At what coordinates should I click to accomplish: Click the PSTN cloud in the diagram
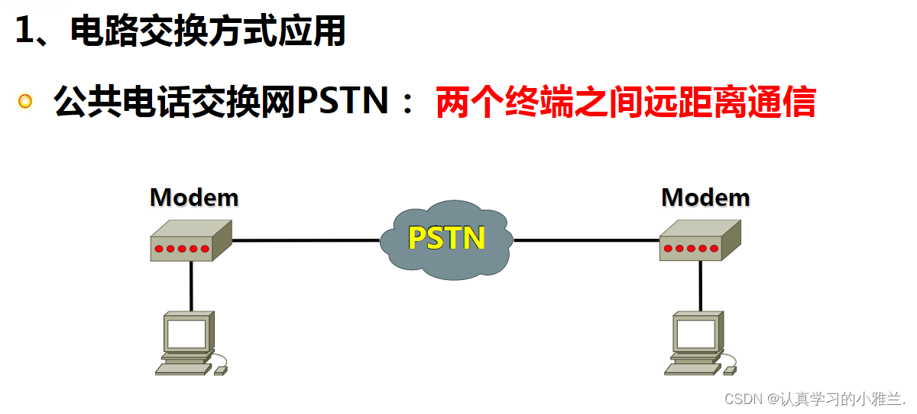(447, 239)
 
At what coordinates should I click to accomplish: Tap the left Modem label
(194, 197)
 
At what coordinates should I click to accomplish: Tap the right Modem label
(705, 197)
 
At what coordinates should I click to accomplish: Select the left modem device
(190, 241)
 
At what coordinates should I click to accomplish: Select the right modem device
(699, 241)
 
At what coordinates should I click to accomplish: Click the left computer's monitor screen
(186, 334)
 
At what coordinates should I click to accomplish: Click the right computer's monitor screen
(695, 334)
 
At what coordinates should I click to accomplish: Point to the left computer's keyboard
(183, 368)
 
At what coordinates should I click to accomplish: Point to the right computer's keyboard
(692, 368)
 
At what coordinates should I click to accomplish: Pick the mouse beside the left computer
(221, 370)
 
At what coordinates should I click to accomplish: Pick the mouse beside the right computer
(730, 370)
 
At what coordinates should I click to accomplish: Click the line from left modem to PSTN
(306, 240)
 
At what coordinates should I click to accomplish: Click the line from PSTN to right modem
(587, 240)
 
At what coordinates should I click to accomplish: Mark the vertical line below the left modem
(191, 287)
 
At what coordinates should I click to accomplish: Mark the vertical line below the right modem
(700, 287)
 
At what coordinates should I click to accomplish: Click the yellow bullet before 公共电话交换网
(26, 101)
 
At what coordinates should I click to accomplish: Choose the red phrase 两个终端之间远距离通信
(625, 103)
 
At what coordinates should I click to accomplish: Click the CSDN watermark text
(814, 399)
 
